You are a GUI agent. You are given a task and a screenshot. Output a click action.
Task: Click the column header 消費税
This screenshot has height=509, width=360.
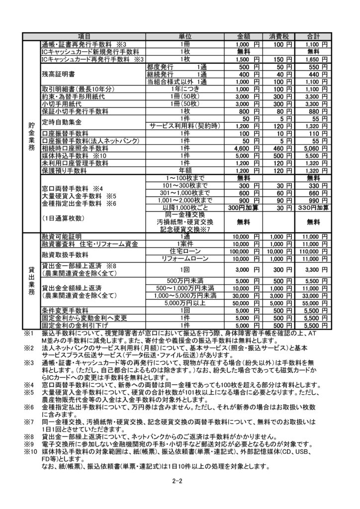point(281,37)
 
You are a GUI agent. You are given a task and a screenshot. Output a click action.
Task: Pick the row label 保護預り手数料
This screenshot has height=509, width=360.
point(65,170)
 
